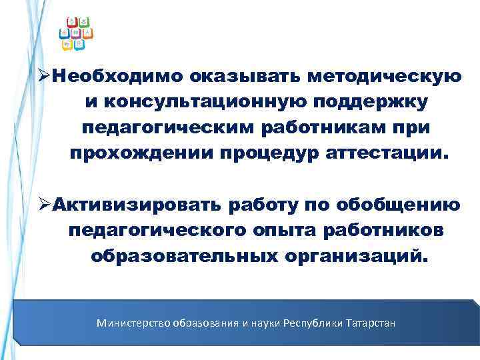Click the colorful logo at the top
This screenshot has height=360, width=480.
pos(75,33)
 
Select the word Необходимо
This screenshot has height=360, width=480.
pos(118,78)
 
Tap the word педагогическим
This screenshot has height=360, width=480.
pos(167,128)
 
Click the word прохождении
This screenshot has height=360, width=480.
pos(138,153)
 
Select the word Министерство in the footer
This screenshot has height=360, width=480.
pos(133,323)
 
